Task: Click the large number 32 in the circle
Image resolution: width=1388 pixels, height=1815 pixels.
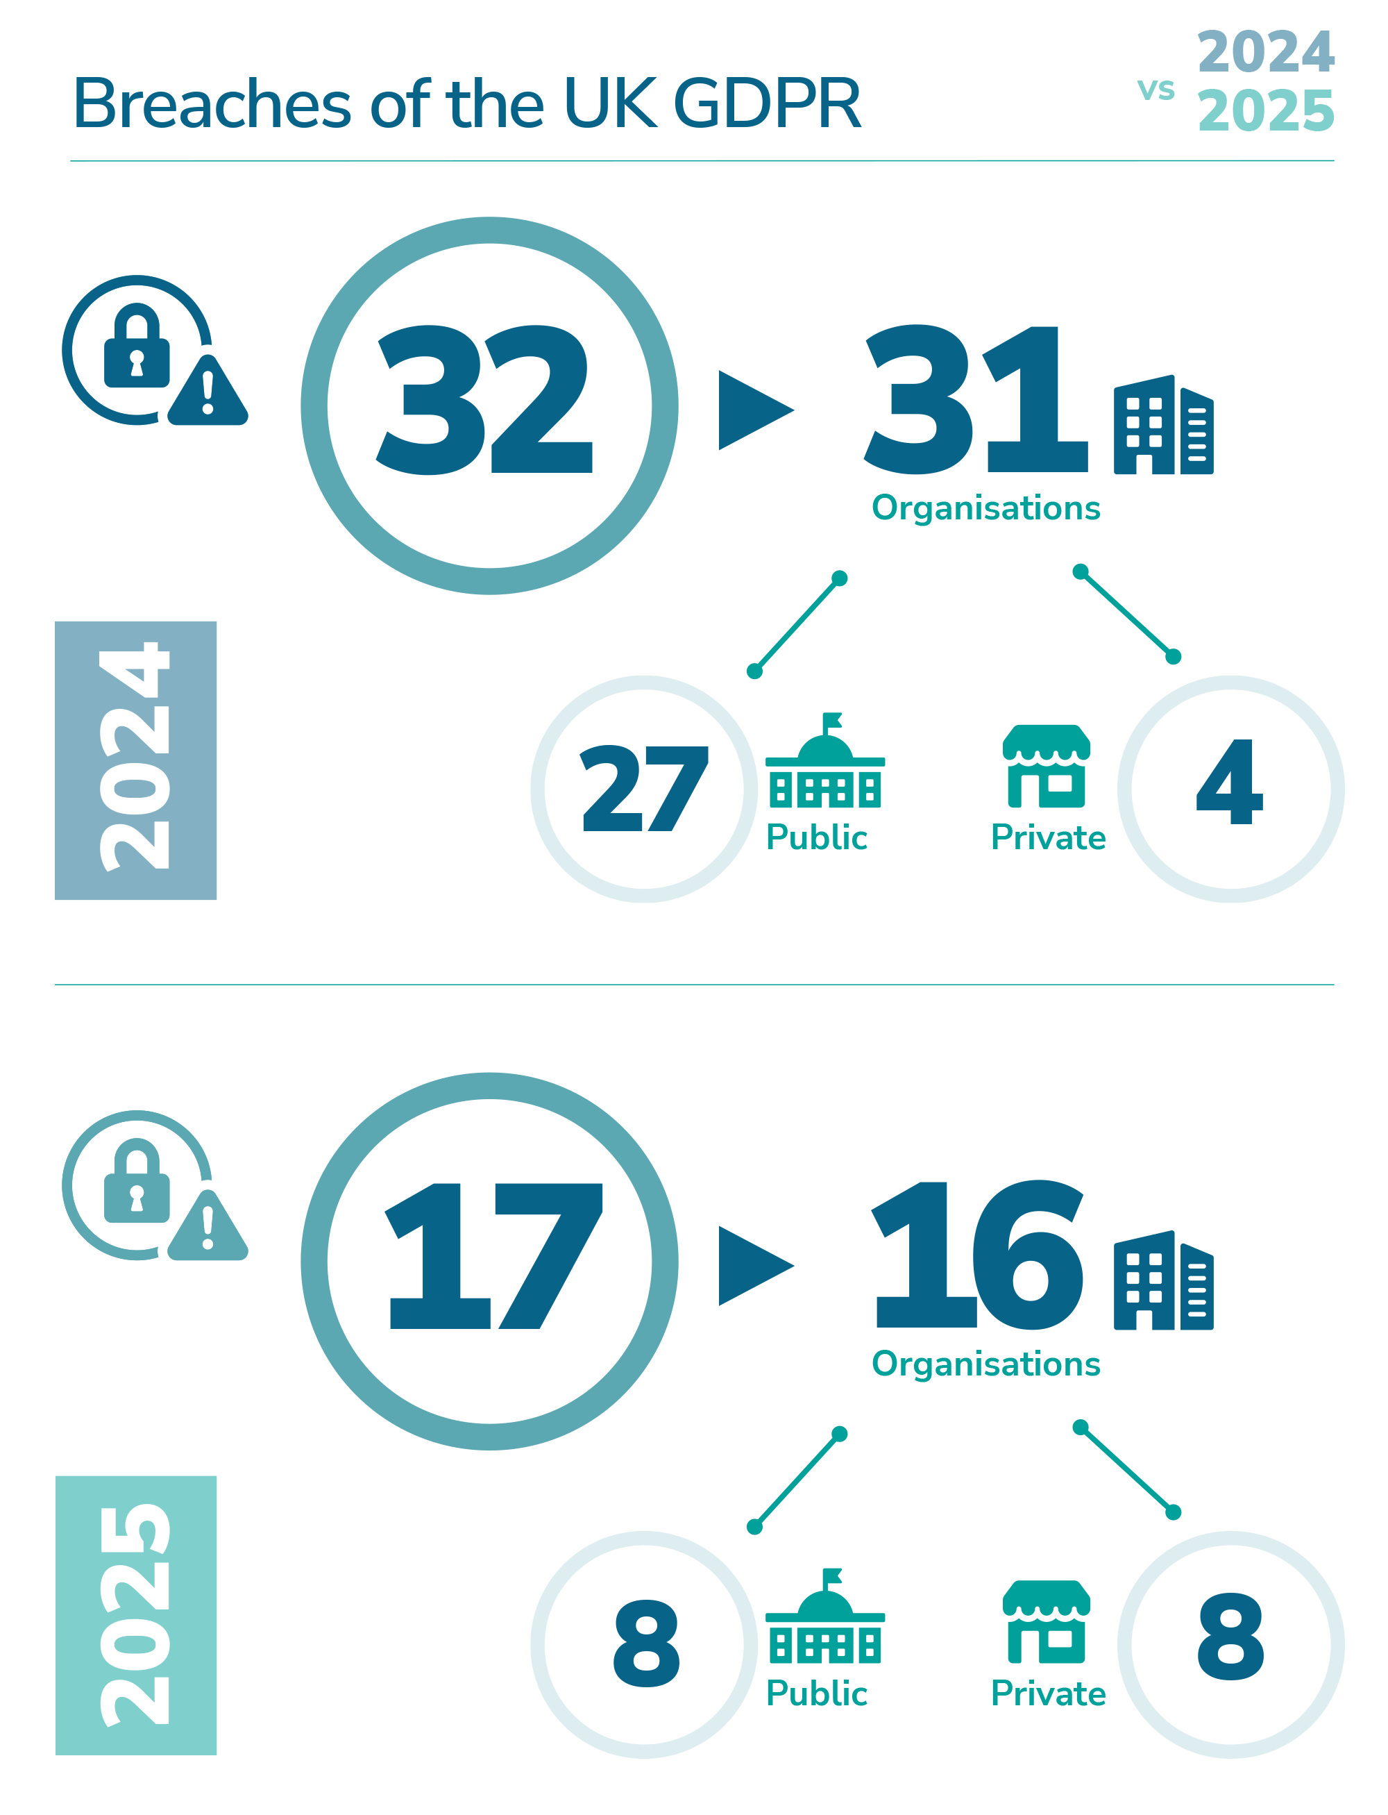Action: (486, 400)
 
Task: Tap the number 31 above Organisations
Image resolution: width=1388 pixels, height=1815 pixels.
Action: (975, 400)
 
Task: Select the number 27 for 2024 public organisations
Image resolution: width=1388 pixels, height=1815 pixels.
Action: (643, 789)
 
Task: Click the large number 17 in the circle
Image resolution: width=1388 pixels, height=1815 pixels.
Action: (494, 1255)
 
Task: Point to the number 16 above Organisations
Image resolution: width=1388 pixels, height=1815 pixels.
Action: (976, 1254)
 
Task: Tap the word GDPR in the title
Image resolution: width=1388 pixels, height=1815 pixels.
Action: (768, 105)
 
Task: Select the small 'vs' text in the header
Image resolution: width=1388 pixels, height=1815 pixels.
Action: (1155, 90)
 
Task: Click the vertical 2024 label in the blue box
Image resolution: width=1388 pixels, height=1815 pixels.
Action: (135, 756)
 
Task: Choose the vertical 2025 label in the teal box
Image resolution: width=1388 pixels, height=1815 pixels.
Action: (135, 1614)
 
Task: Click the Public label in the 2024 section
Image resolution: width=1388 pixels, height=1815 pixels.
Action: (816, 837)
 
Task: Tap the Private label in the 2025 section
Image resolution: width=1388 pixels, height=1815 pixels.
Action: (1048, 1693)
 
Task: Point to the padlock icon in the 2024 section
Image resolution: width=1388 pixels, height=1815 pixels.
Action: (136, 347)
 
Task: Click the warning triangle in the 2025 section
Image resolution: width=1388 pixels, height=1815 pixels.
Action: (208, 1228)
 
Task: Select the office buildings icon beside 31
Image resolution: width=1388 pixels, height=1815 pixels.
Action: (1162, 426)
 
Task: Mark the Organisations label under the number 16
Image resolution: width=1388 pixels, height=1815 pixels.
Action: (985, 1364)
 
